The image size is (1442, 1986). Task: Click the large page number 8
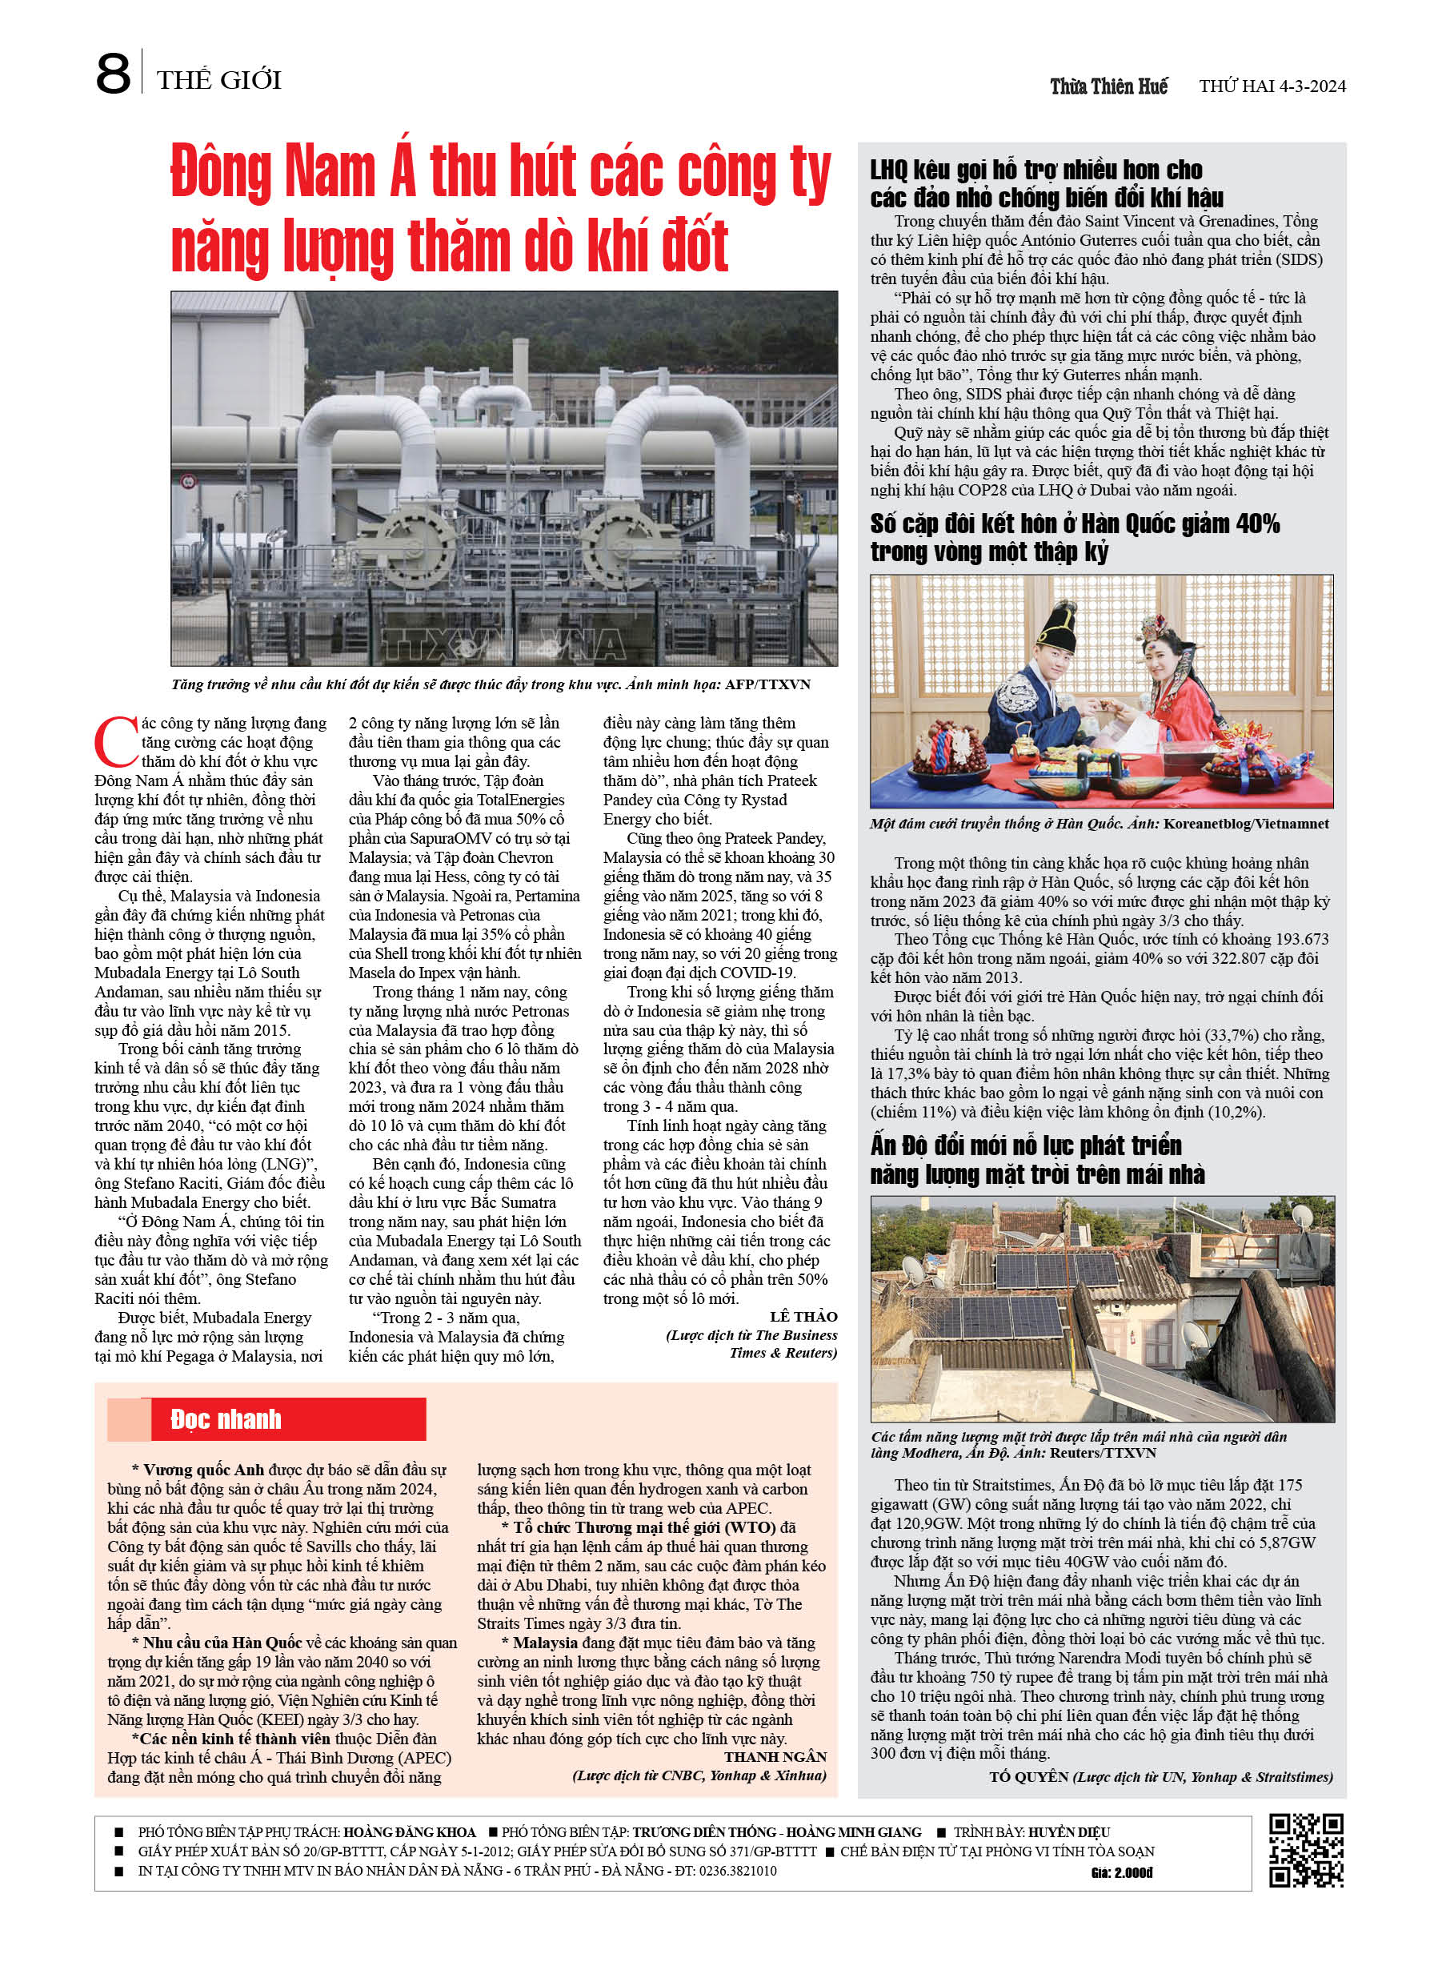pos(112,74)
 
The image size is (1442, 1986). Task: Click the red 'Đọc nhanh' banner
pos(266,1418)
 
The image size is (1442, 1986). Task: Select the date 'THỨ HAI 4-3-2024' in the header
pos(1272,86)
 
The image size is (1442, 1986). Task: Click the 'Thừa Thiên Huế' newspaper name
pos(1108,86)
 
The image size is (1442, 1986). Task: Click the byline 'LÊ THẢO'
pos(803,1316)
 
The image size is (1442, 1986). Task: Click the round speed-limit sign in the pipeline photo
pos(186,481)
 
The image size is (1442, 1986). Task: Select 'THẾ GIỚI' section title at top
pos(219,81)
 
